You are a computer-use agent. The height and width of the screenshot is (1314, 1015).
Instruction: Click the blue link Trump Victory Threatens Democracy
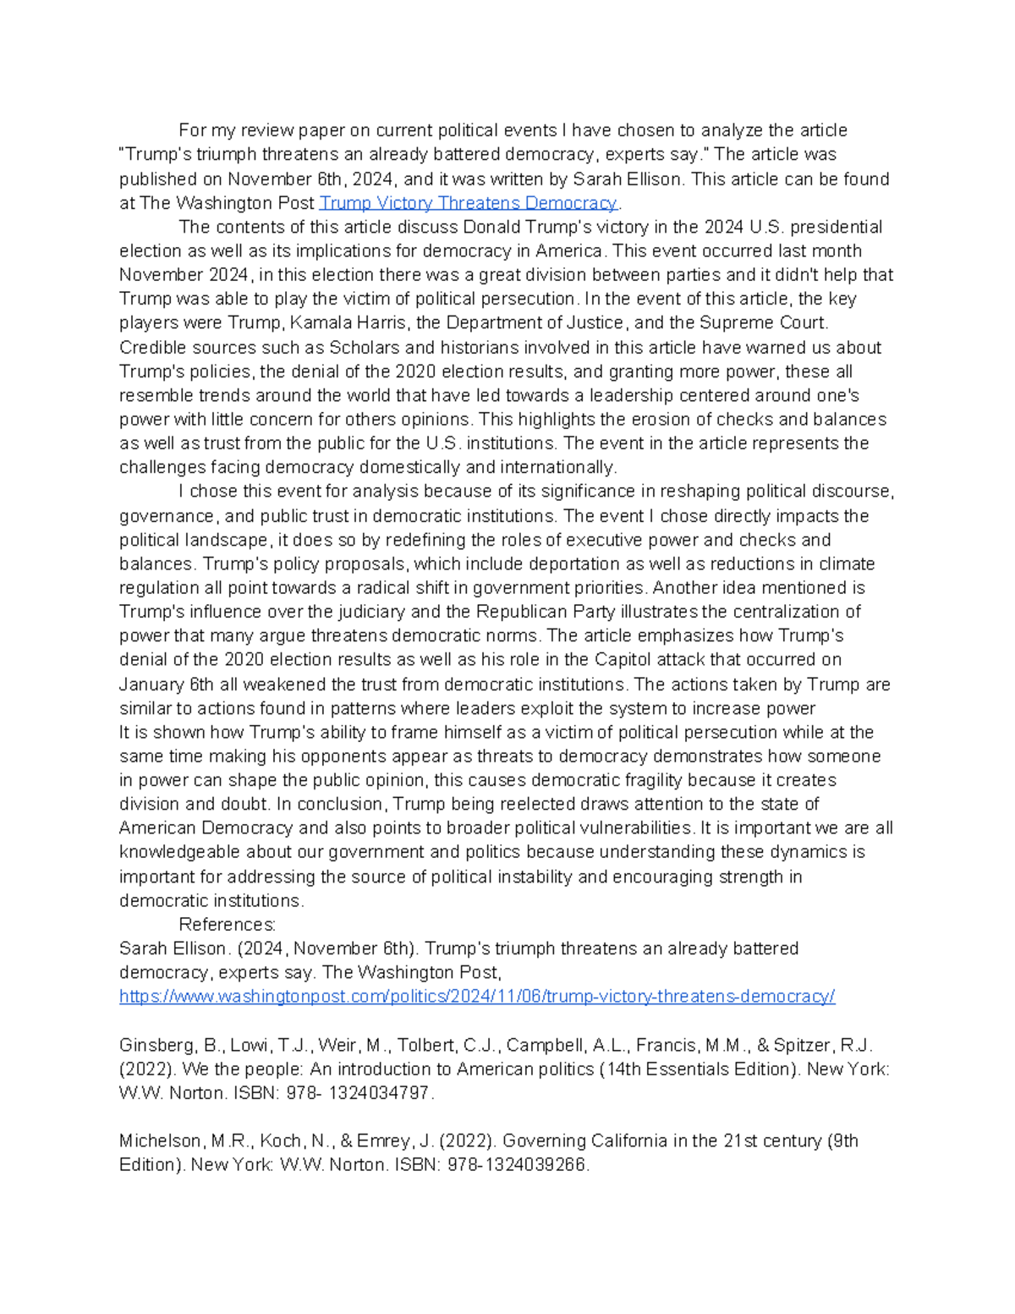click(468, 203)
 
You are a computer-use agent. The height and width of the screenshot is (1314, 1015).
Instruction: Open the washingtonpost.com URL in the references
click(477, 997)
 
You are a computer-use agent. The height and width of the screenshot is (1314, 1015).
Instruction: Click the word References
click(227, 925)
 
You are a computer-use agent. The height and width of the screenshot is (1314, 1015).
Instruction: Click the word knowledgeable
click(179, 852)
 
